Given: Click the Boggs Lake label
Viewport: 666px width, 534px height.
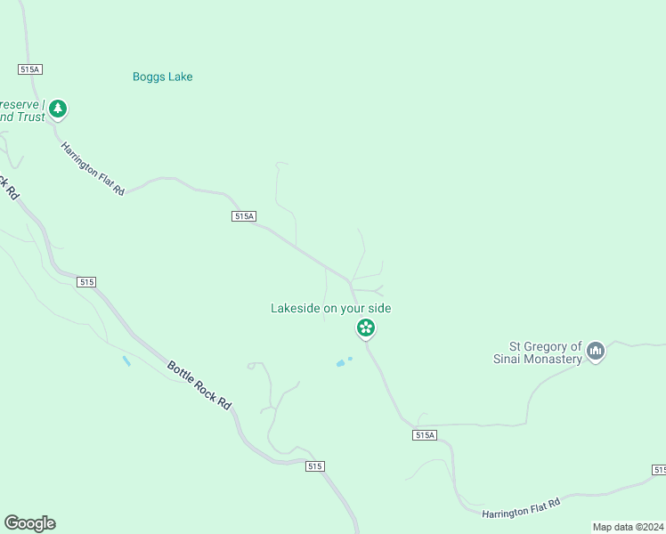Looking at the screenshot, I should (x=162, y=77).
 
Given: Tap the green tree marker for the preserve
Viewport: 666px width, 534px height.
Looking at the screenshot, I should (x=58, y=109).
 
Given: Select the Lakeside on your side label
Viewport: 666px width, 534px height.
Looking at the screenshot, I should (x=330, y=308).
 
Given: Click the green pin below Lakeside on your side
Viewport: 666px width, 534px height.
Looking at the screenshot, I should (x=365, y=328).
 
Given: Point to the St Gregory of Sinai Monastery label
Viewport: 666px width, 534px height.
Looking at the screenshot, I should (x=545, y=352).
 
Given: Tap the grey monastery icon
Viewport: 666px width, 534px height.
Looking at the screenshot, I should (x=597, y=352).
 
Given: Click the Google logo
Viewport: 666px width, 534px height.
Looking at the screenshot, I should (x=29, y=523).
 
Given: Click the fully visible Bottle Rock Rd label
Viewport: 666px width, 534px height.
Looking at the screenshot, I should (x=199, y=384).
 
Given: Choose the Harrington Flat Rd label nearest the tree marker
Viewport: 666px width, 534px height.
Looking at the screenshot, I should (x=93, y=169).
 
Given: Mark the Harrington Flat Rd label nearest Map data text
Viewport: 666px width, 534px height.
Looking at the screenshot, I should (x=521, y=509).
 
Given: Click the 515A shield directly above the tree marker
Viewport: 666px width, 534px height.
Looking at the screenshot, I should (x=30, y=69).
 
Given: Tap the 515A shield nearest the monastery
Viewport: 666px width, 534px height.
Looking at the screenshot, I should (x=425, y=434).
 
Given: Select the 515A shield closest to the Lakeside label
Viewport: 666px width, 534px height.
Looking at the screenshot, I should (x=244, y=215).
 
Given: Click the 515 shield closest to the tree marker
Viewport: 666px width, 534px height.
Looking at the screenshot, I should (x=85, y=281).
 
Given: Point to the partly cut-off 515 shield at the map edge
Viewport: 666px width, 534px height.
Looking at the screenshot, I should (x=659, y=469).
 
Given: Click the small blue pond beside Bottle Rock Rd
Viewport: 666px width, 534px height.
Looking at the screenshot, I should (x=126, y=360).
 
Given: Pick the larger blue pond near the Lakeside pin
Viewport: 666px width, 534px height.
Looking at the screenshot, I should (x=340, y=363).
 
